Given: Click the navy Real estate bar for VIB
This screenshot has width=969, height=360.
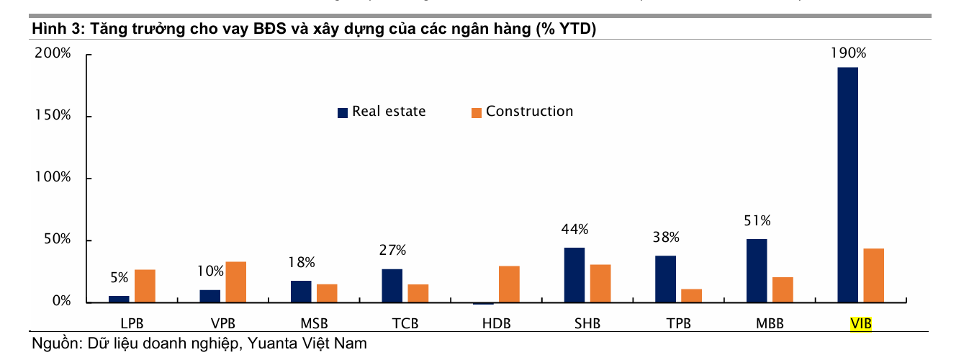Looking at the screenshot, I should pos(847,184).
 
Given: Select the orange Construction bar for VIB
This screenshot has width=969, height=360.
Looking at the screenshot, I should pos(873,275).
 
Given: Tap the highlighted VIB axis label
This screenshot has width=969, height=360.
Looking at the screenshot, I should pos(861,324).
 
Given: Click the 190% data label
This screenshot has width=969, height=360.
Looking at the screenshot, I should pos(848,53).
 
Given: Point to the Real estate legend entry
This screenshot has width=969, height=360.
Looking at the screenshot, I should pos(382,112).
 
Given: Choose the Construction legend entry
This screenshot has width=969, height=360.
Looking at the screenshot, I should pos(522,112).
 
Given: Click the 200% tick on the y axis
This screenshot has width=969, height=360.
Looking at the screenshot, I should pos(53,54).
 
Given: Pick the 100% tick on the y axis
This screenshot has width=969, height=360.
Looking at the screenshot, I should pos(53,178).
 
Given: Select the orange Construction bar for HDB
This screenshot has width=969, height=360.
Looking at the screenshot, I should pos(509,284).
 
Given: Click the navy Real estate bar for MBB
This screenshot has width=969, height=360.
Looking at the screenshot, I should pos(757,271).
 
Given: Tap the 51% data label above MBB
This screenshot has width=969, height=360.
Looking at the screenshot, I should pos(757,220).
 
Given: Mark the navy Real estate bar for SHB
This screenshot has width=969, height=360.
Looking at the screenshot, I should pos(574,275).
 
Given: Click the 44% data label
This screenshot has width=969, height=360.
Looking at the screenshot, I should pos(574,230).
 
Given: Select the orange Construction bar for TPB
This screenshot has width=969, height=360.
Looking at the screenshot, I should pos(691,295).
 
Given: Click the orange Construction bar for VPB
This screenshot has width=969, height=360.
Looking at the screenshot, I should pos(235,282).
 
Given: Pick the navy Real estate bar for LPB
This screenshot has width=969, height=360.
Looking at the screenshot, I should pos(119,299).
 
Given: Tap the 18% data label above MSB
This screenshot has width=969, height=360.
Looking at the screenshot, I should pos(301,263).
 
